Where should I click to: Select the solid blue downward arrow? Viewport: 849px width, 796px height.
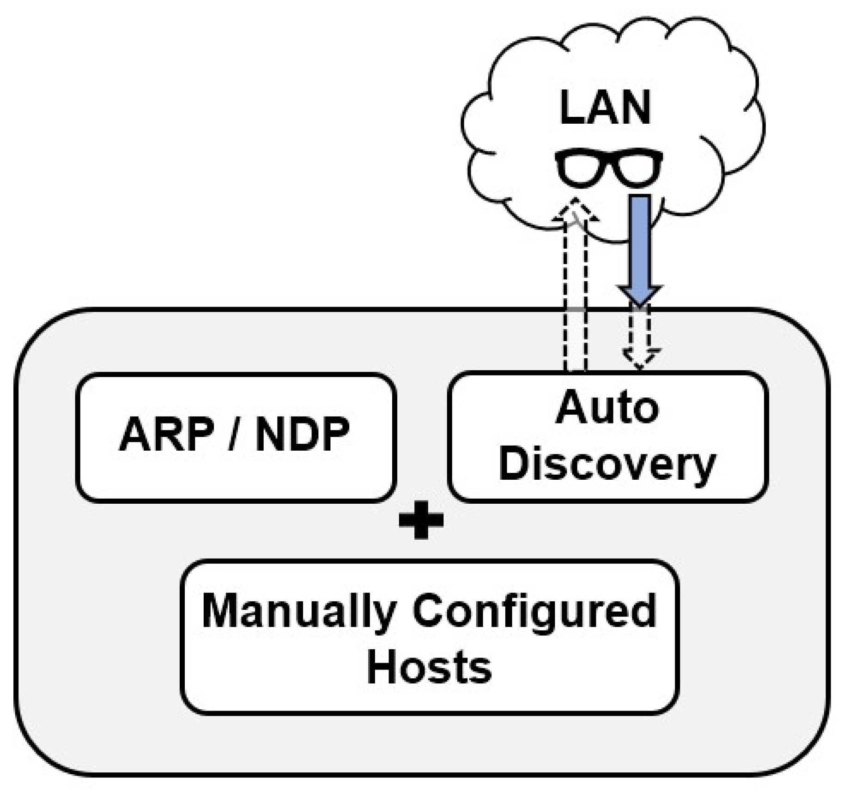tap(640, 245)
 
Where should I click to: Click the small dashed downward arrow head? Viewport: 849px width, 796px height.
tap(640, 358)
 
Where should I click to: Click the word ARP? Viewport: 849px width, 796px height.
tap(167, 434)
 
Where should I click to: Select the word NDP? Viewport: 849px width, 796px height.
tap(303, 434)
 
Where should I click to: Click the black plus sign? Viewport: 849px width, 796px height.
tap(421, 520)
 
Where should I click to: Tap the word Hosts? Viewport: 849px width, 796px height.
tap(429, 667)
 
